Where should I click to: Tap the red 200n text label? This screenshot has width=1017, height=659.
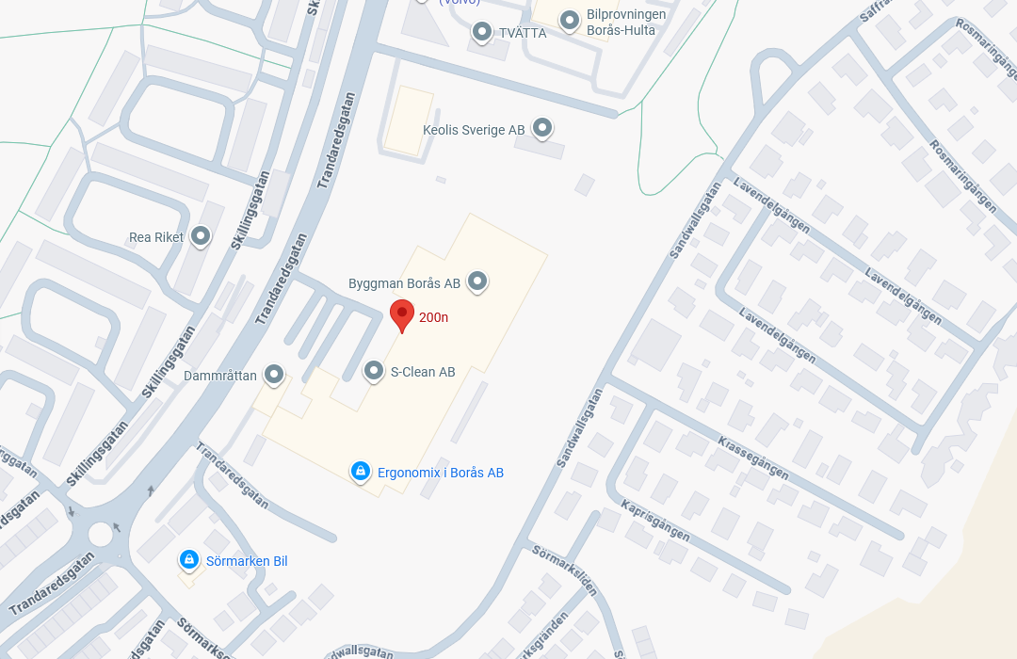click(433, 317)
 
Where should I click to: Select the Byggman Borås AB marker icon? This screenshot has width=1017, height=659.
click(477, 281)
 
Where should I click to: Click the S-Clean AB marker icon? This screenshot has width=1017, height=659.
click(374, 371)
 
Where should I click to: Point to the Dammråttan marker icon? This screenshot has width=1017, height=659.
click(274, 375)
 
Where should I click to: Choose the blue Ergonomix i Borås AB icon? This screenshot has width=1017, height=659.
click(359, 471)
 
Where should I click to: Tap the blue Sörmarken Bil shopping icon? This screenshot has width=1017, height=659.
click(189, 560)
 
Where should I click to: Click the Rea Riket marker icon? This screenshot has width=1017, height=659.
click(200, 235)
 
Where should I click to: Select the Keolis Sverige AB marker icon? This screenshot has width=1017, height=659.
click(541, 128)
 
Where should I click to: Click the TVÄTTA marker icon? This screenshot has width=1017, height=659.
click(482, 32)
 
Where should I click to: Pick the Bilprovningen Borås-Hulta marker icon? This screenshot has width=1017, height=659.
click(569, 20)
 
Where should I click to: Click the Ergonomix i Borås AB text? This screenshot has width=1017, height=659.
click(441, 473)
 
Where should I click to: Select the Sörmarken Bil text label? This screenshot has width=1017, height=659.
click(247, 562)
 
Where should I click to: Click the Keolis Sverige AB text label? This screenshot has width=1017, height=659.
click(474, 130)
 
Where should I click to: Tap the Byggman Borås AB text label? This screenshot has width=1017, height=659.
click(404, 283)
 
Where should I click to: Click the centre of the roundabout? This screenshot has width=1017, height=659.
click(100, 535)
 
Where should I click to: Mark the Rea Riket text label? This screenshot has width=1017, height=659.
click(156, 237)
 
